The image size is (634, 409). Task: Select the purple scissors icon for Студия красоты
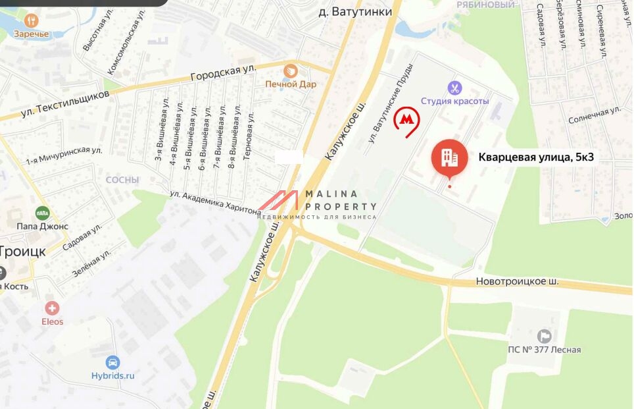[x=454, y=88]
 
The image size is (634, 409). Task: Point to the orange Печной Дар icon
[x=291, y=70]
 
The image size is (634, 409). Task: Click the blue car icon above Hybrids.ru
[x=112, y=362]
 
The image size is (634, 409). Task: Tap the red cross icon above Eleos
[x=52, y=308]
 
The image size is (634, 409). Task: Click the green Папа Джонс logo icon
[x=42, y=213]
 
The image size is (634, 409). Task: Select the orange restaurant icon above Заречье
[x=31, y=20]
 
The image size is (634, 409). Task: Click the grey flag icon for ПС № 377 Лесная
[x=544, y=336]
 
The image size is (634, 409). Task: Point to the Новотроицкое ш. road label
[x=517, y=282]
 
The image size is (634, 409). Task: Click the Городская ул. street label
[x=222, y=72]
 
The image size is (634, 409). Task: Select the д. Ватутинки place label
[x=354, y=12]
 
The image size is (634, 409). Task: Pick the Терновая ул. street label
[x=248, y=135]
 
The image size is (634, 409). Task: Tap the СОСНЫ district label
[x=122, y=180]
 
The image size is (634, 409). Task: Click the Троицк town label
[x=22, y=251]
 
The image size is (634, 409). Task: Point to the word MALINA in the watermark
[x=332, y=194]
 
